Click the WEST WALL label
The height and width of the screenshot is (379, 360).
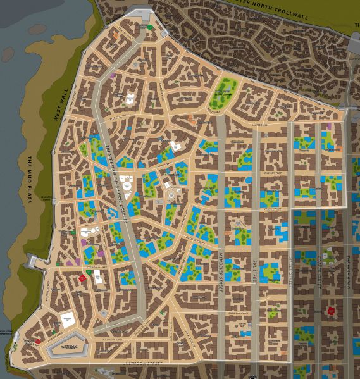pyautogui.click(x=61, y=105)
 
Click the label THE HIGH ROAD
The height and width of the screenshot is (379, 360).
pyautogui.click(x=349, y=272)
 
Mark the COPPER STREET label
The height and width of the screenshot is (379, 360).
pyautogui.click(x=320, y=272)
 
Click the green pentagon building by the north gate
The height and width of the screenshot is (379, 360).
pyautogui.click(x=149, y=27)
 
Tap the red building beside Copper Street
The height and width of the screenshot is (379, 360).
pyautogui.click(x=330, y=310)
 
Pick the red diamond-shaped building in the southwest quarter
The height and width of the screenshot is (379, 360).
pyautogui.click(x=82, y=277)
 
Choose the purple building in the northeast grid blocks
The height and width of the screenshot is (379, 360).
pyautogui.click(x=328, y=127)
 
